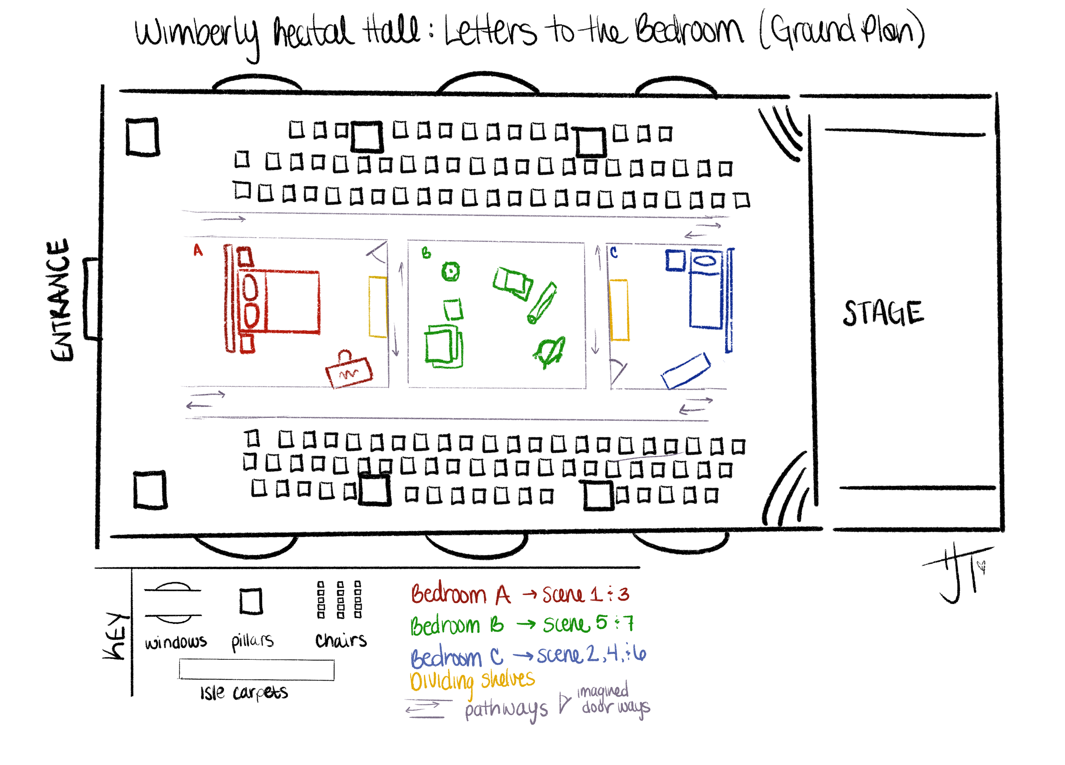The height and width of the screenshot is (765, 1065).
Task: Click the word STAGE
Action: click(883, 313)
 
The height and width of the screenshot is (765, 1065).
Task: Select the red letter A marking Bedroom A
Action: click(198, 250)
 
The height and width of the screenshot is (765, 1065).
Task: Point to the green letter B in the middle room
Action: click(426, 253)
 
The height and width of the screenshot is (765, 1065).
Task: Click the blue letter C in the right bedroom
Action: click(613, 253)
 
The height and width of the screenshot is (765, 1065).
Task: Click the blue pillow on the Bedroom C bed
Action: click(705, 260)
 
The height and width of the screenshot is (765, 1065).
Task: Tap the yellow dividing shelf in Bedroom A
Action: click(377, 307)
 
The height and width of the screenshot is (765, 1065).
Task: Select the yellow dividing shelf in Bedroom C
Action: click(619, 310)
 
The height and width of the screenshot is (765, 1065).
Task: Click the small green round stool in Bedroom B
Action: click(451, 271)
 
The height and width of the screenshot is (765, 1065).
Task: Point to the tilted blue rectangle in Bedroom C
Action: click(686, 371)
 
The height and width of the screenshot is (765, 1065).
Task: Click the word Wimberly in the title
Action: click(197, 35)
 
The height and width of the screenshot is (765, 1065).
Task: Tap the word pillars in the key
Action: click(252, 641)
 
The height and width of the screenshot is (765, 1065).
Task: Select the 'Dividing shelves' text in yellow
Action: click(472, 681)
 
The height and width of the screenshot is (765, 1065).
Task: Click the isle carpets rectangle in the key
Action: click(256, 670)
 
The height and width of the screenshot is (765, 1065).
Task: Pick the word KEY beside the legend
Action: click(115, 636)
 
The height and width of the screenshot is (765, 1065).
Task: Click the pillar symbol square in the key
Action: click(251, 601)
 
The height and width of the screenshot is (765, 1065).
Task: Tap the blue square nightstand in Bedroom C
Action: click(676, 260)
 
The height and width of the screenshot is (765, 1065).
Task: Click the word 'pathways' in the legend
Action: click(506, 710)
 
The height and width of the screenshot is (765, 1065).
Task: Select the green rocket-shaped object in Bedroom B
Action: click(550, 352)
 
